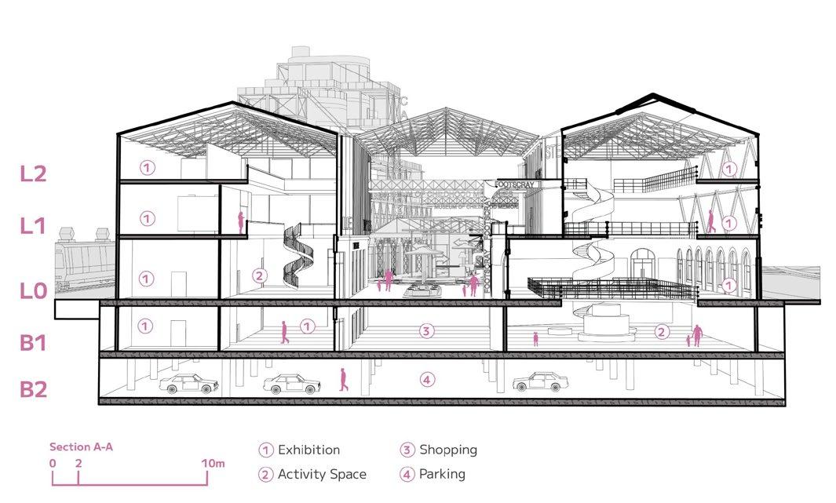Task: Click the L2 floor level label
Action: (34, 173)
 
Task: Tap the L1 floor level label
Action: (33, 226)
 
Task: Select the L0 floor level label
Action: (34, 290)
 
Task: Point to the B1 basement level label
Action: (33, 342)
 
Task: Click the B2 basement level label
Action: (34, 388)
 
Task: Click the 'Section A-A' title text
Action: (82, 447)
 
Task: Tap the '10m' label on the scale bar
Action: (213, 464)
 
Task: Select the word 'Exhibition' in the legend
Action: (308, 450)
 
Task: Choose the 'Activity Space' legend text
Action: (322, 474)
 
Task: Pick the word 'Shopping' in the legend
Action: (447, 450)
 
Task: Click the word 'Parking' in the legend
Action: (442, 474)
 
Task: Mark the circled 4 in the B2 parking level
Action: (426, 381)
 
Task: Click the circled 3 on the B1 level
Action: (426, 330)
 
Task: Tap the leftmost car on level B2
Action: (188, 383)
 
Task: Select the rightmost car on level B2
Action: (541, 381)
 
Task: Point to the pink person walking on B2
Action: (342, 380)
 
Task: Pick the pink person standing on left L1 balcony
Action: (241, 221)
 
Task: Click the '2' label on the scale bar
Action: (78, 464)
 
